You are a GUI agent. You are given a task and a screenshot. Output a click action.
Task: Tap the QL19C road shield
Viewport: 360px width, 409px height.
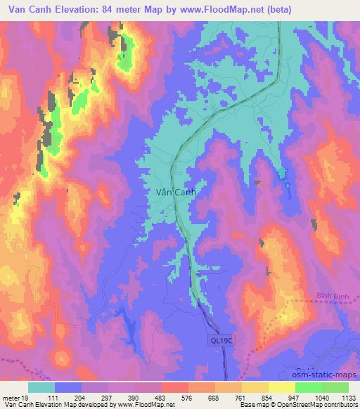pos(219,339)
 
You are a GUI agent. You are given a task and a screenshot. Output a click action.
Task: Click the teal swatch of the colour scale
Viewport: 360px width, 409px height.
pos(41,387)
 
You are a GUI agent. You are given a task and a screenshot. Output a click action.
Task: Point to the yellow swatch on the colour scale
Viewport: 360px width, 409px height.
pos(282,387)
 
